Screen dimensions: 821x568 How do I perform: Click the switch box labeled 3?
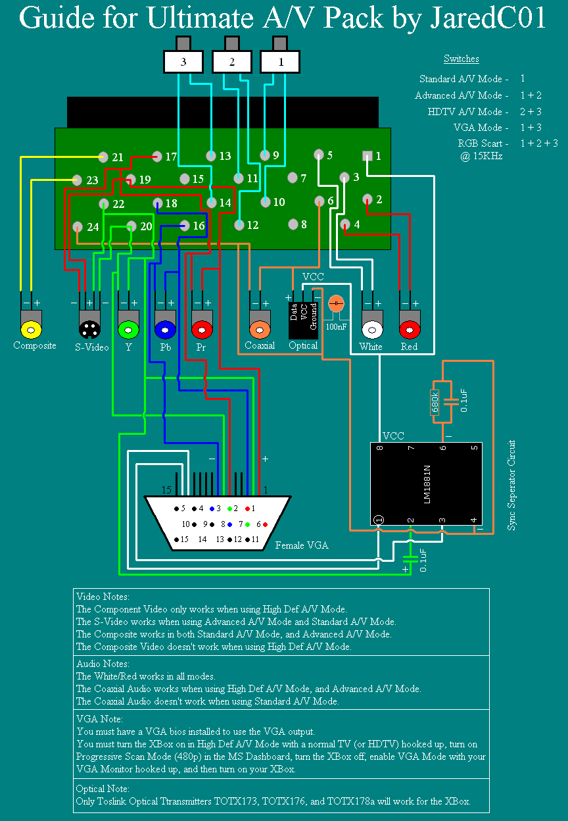tap(183, 62)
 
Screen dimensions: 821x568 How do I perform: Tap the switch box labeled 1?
tap(281, 62)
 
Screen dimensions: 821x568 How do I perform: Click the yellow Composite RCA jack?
tap(30, 328)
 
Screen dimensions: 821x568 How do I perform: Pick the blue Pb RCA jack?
tap(164, 328)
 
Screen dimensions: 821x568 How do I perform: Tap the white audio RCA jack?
tap(372, 328)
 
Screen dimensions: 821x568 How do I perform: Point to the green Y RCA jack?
tap(128, 328)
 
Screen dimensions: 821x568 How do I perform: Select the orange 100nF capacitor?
tap(336, 304)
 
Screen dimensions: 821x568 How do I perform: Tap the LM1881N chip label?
tap(426, 485)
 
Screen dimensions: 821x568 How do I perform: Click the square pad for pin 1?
tap(367, 156)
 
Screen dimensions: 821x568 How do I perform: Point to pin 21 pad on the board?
tap(103, 157)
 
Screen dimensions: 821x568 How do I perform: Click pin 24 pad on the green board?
tap(78, 227)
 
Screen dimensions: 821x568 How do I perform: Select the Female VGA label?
tap(301, 545)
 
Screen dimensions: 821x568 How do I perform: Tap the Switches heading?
tap(461, 59)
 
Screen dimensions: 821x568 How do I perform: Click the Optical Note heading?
tap(103, 789)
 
